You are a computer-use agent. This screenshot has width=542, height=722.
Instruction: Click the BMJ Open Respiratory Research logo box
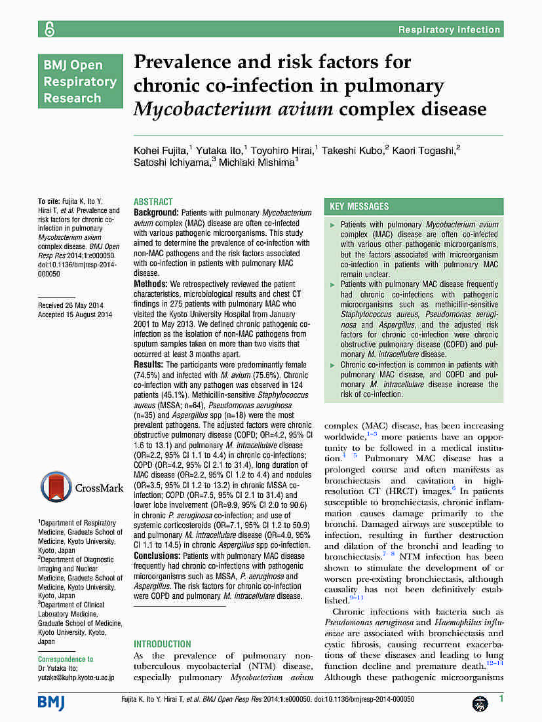tap(80, 82)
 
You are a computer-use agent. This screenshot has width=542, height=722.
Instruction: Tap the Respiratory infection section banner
tap(449, 29)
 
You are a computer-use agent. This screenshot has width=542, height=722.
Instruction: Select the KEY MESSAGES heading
tap(359, 206)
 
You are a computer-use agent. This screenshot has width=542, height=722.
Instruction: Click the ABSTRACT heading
tap(153, 202)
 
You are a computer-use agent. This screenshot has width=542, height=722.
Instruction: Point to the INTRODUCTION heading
tap(163, 644)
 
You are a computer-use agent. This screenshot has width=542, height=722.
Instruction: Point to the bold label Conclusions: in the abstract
tap(158, 556)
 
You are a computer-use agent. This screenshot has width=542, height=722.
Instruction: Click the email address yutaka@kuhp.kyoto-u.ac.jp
tap(76, 677)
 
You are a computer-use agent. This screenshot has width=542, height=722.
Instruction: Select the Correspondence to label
tap(66, 659)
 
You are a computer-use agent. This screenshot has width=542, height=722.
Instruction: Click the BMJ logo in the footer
tap(51, 701)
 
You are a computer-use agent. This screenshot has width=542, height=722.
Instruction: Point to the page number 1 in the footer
tap(501, 700)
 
